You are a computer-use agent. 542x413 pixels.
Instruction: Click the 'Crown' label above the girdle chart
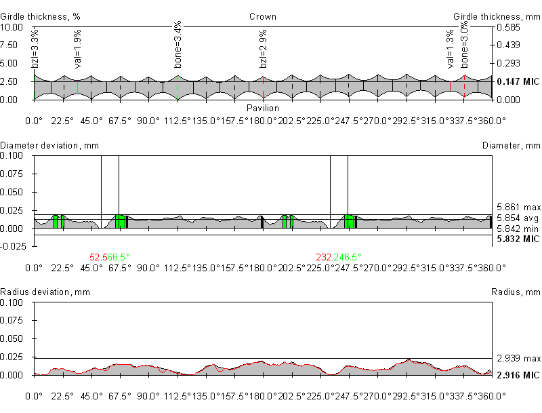263,16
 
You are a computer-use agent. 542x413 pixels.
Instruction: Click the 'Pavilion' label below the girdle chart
263,108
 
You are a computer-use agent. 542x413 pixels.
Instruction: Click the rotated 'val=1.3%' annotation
451,50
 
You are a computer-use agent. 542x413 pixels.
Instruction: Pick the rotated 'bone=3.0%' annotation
465,47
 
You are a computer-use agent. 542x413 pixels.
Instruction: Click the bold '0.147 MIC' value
518,81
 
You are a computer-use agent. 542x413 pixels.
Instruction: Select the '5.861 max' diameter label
518,207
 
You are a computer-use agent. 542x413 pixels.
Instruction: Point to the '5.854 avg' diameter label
518,218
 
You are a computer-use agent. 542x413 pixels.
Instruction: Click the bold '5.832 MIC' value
518,239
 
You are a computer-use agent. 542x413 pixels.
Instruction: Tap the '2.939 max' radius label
518,358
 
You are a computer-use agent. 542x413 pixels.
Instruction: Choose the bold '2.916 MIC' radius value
518,375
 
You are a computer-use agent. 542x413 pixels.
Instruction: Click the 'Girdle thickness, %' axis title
39,16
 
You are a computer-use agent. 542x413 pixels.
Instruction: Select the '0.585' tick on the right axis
508,28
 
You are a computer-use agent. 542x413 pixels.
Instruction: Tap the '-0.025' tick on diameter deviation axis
13,246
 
